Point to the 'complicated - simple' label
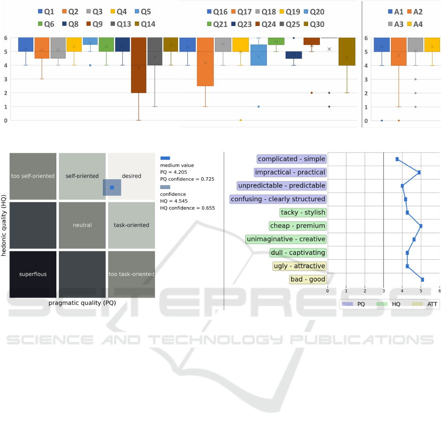click(291, 159)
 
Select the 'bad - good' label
click(308, 279)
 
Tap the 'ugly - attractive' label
click(299, 266)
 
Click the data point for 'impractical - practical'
click(419, 172)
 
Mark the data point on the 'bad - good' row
click(422, 279)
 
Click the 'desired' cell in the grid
click(131, 176)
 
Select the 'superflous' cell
click(33, 274)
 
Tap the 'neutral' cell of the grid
click(82, 225)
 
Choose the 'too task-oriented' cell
click(131, 274)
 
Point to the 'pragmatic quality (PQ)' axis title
click(82, 303)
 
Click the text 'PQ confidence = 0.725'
click(187, 179)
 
